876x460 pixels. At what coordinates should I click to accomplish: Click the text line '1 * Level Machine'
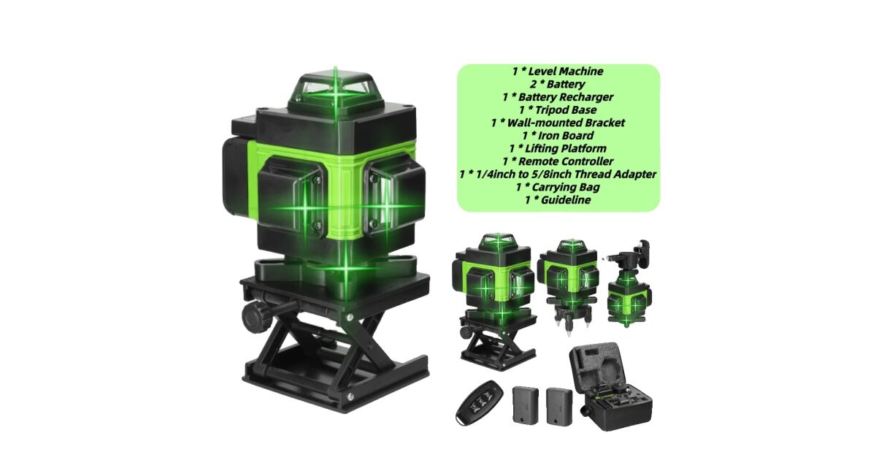point(557,71)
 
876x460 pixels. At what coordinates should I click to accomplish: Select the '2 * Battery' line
point(557,84)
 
